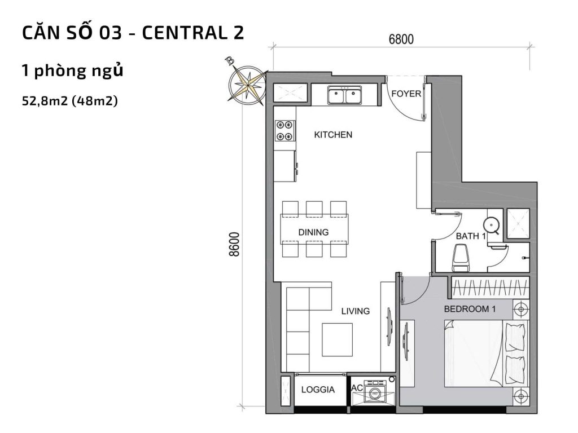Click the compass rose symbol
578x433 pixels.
pyautogui.click(x=246, y=83)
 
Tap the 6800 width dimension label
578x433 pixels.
pyautogui.click(x=401, y=39)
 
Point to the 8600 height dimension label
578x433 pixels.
pyautogui.click(x=235, y=244)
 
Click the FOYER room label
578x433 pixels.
pyautogui.click(x=406, y=94)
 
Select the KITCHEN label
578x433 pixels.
pyautogui.click(x=333, y=135)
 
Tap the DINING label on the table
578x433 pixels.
pyautogui.click(x=313, y=232)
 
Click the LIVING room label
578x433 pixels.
pyautogui.click(x=355, y=311)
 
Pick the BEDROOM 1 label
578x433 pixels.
pyautogui.click(x=470, y=309)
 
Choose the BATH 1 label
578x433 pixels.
pyautogui.click(x=471, y=237)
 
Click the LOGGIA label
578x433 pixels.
pyautogui.click(x=318, y=390)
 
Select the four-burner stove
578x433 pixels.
pyautogui.click(x=284, y=131)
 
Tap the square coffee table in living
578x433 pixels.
pyautogui.click(x=336, y=339)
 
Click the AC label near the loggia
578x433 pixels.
pyautogui.click(x=357, y=388)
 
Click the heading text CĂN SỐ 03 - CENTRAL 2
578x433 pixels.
pyautogui.click(x=133, y=33)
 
